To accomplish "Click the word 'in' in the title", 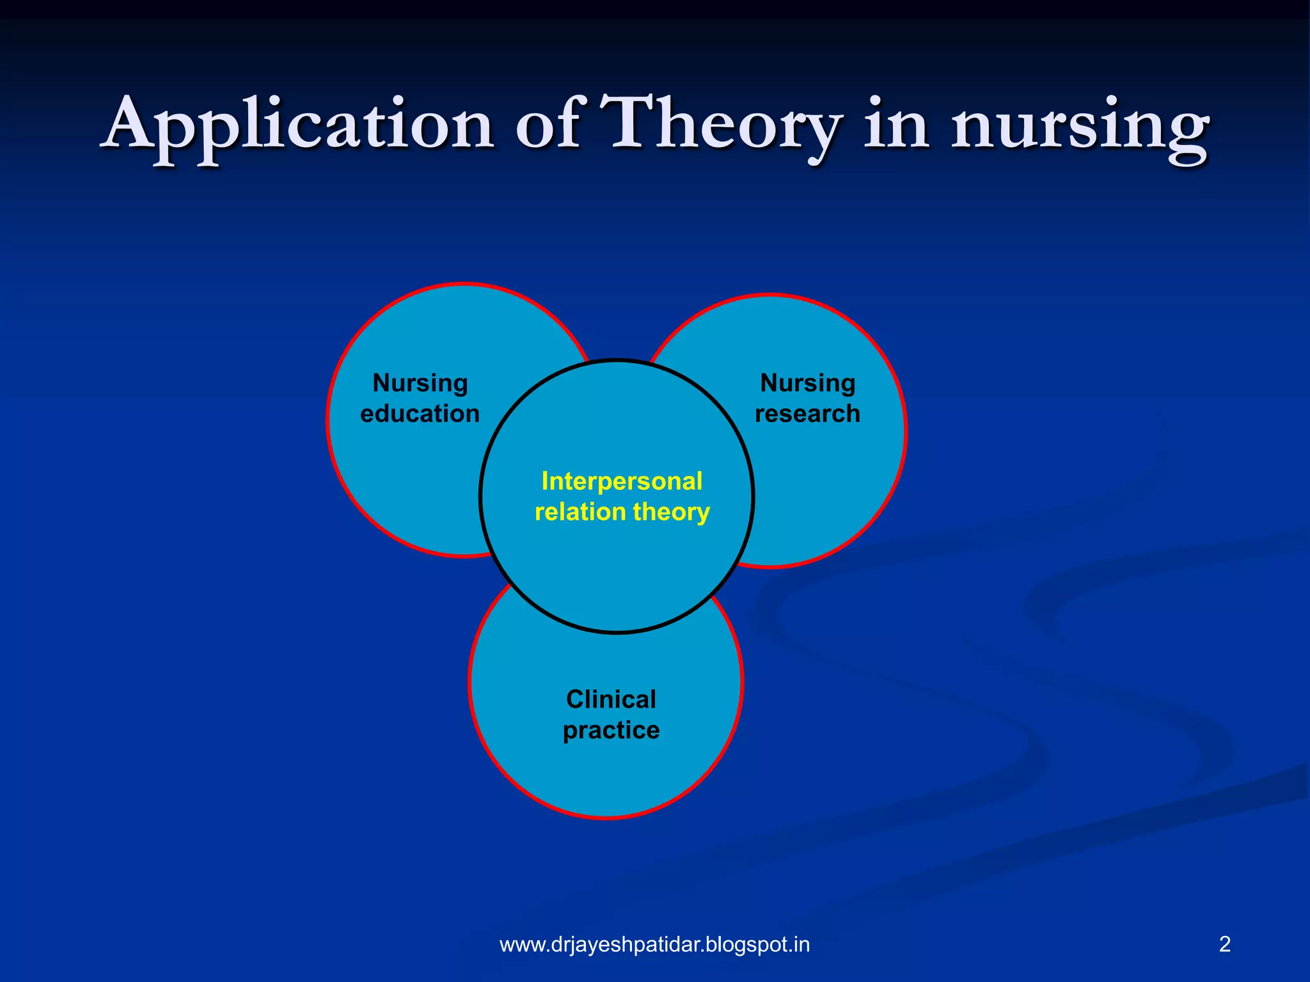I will tap(896, 125).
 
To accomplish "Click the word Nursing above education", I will tap(420, 384).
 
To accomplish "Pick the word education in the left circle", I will tap(420, 414).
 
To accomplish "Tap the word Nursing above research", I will tap(807, 384).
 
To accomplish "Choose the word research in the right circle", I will tap(807, 414).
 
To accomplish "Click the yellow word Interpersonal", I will tap(622, 481).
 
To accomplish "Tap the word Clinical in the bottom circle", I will tap(611, 699).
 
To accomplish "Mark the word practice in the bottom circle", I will tap(611, 731).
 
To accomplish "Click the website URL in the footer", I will tap(654, 944).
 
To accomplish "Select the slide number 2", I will tap(1225, 944).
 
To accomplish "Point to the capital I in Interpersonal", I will tap(545, 481).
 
